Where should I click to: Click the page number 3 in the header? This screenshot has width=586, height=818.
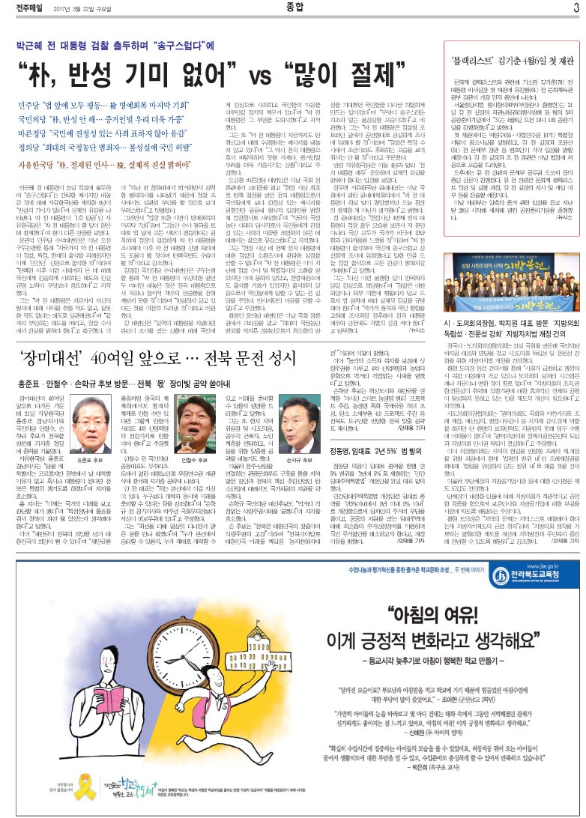576,9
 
